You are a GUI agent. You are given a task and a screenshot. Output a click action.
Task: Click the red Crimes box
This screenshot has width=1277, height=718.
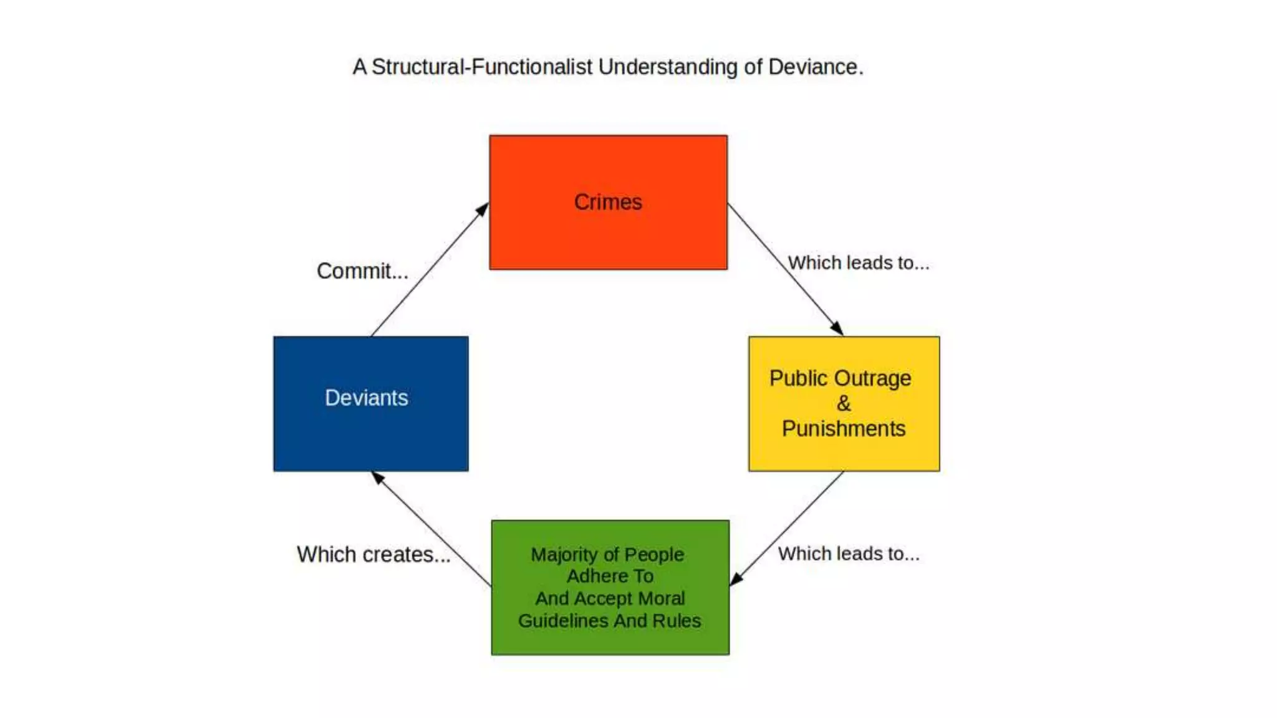point(608,203)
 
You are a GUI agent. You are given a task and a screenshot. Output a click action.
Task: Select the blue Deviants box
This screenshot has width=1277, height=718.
point(370,403)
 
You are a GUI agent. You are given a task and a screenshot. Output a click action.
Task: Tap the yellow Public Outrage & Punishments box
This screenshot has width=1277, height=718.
point(844,403)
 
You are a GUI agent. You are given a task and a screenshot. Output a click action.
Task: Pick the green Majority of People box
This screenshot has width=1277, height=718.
point(610,587)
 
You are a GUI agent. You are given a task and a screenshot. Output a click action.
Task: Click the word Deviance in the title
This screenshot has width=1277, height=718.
point(815,67)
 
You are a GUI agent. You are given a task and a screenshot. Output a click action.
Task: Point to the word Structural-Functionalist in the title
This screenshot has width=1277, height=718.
point(481,67)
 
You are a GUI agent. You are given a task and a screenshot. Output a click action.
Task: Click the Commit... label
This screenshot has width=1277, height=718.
point(362,271)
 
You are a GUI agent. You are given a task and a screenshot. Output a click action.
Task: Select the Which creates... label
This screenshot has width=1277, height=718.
point(373,554)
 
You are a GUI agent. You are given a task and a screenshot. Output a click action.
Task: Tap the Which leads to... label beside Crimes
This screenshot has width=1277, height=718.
point(858,263)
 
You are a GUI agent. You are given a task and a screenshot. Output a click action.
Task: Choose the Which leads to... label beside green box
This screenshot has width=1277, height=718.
point(849,553)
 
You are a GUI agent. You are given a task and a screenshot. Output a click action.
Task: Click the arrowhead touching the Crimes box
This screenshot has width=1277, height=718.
point(482,209)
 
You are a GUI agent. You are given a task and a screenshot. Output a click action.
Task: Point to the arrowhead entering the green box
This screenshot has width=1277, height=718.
point(736,580)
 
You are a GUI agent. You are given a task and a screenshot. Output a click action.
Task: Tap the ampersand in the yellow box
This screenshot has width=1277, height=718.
point(844,403)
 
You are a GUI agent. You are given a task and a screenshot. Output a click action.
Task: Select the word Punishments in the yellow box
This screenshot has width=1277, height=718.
point(844,429)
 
